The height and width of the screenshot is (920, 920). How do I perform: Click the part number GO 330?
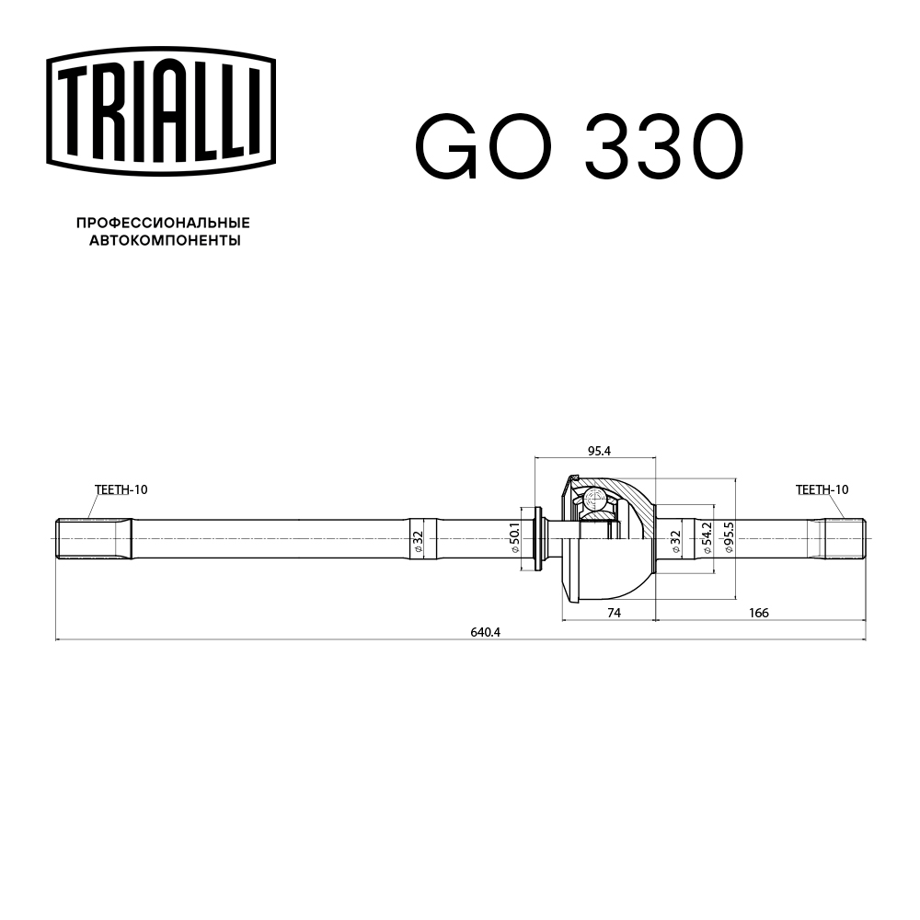coord(578,147)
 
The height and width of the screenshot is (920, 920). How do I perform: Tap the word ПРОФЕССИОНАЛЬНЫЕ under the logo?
coord(163,224)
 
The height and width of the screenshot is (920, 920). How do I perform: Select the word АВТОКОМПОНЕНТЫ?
coord(165,241)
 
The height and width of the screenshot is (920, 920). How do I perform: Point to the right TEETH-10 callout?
coord(822,489)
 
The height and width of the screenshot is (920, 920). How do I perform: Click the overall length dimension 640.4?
coord(483,632)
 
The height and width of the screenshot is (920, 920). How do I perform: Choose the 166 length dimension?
coord(759,613)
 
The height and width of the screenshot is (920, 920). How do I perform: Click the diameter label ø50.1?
coord(516,537)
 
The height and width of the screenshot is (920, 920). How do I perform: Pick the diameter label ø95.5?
coord(728,537)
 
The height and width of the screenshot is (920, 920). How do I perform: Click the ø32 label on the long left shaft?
coord(417,541)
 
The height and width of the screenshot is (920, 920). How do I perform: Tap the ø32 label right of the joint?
coord(675,541)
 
